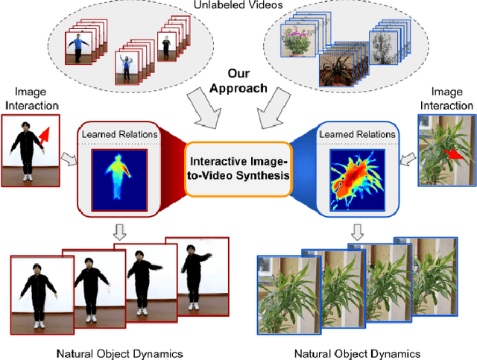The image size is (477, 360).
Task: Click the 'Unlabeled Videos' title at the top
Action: coord(238,5)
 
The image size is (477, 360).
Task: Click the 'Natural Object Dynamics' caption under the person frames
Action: coord(119,353)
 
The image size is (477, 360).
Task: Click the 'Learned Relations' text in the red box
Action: coord(119,134)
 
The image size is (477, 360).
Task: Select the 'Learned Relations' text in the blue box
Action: coord(356,134)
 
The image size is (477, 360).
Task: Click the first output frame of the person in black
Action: coord(42,293)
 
